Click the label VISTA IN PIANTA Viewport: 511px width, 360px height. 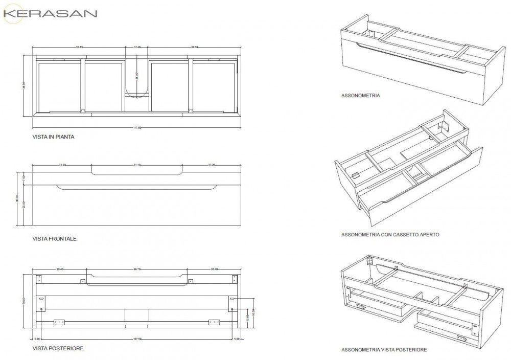click(x=55, y=137)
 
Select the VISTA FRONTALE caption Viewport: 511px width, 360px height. click(x=55, y=238)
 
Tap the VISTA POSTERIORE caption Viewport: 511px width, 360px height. click(x=58, y=348)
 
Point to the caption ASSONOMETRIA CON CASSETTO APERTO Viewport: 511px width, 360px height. click(x=390, y=235)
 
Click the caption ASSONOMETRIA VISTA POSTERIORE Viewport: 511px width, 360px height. click(x=384, y=350)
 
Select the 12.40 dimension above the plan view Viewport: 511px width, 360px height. click(x=137, y=48)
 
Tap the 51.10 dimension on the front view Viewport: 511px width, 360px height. click(x=137, y=165)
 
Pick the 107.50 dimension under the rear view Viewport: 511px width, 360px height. click(x=137, y=338)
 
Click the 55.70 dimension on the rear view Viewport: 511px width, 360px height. click(x=137, y=268)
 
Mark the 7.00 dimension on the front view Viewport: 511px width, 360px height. click(x=24, y=178)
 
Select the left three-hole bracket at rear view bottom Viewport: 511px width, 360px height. click(x=59, y=322)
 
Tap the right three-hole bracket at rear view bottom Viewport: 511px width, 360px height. click(x=214, y=322)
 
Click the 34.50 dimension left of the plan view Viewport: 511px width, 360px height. click(x=24, y=83)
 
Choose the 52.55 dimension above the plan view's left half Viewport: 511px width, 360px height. click(x=79, y=48)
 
